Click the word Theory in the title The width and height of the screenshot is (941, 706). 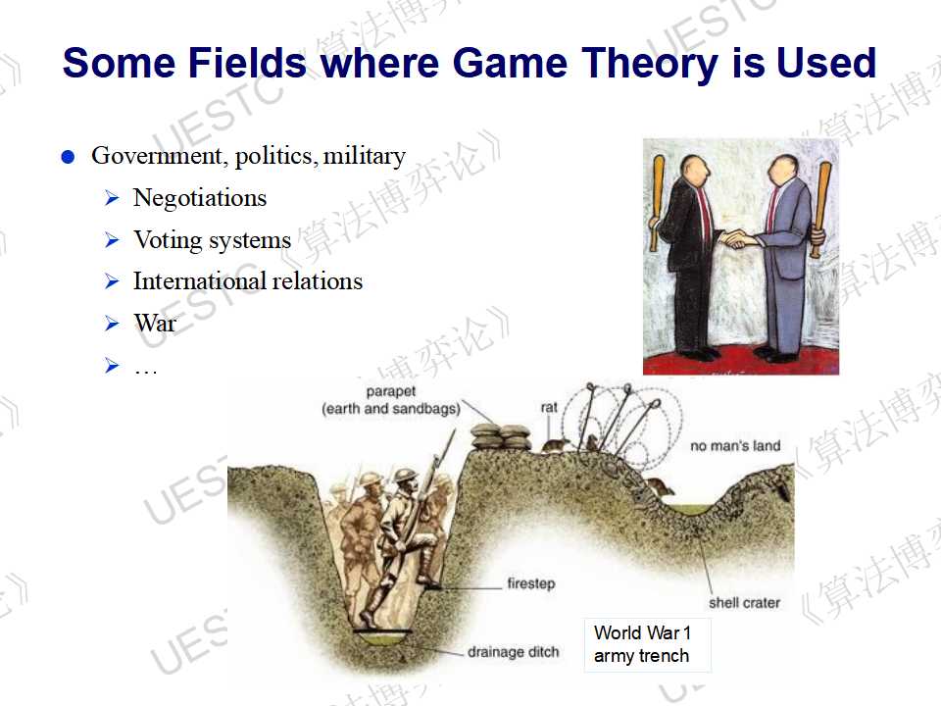[x=649, y=64]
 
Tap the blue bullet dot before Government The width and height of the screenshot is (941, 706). [x=68, y=157]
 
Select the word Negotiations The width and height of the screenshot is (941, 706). [x=200, y=197]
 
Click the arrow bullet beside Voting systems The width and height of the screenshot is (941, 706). [x=112, y=239]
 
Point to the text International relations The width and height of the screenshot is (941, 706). [x=248, y=281]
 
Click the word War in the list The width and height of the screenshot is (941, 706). [x=155, y=323]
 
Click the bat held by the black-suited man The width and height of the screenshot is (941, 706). [x=657, y=203]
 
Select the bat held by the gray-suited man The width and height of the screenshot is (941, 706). [x=821, y=209]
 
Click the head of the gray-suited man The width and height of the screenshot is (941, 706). [x=782, y=171]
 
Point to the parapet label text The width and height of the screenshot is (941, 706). [x=391, y=400]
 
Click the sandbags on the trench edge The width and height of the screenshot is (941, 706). [x=501, y=436]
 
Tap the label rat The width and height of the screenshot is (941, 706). [x=549, y=407]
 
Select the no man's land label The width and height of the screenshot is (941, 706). [x=735, y=445]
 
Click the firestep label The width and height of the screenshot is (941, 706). [x=531, y=582]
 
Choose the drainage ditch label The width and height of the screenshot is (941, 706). [x=513, y=651]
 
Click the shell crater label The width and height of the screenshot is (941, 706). [x=744, y=602]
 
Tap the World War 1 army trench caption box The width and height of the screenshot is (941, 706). [x=647, y=645]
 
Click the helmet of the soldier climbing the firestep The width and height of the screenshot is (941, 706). [x=406, y=476]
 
